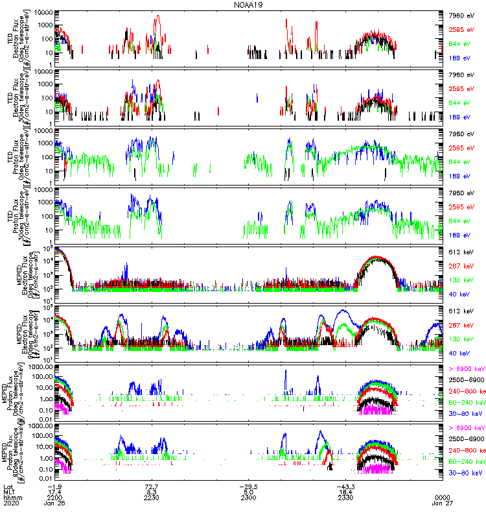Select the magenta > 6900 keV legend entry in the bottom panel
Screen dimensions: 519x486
[x=466, y=428]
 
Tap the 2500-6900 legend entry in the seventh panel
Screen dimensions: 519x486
[x=465, y=380]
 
